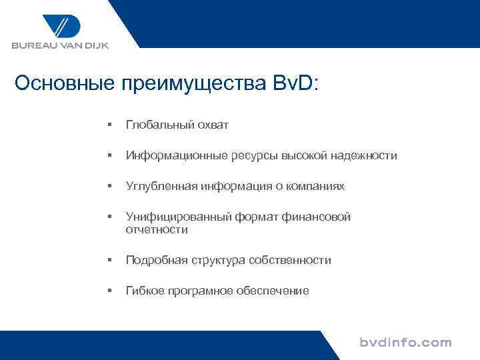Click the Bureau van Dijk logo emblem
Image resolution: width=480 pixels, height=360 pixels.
pyautogui.click(x=61, y=26)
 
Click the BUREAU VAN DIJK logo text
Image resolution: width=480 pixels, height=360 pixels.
pyautogui.click(x=59, y=46)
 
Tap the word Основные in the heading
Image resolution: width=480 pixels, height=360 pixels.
pyautogui.click(x=64, y=84)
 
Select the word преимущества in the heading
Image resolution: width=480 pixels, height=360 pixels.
pyautogui.click(x=193, y=85)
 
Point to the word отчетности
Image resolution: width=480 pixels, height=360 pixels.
pyautogui.click(x=157, y=229)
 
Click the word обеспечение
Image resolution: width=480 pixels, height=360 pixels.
pyautogui.click(x=273, y=291)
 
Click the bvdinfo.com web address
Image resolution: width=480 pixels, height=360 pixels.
pyautogui.click(x=405, y=343)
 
